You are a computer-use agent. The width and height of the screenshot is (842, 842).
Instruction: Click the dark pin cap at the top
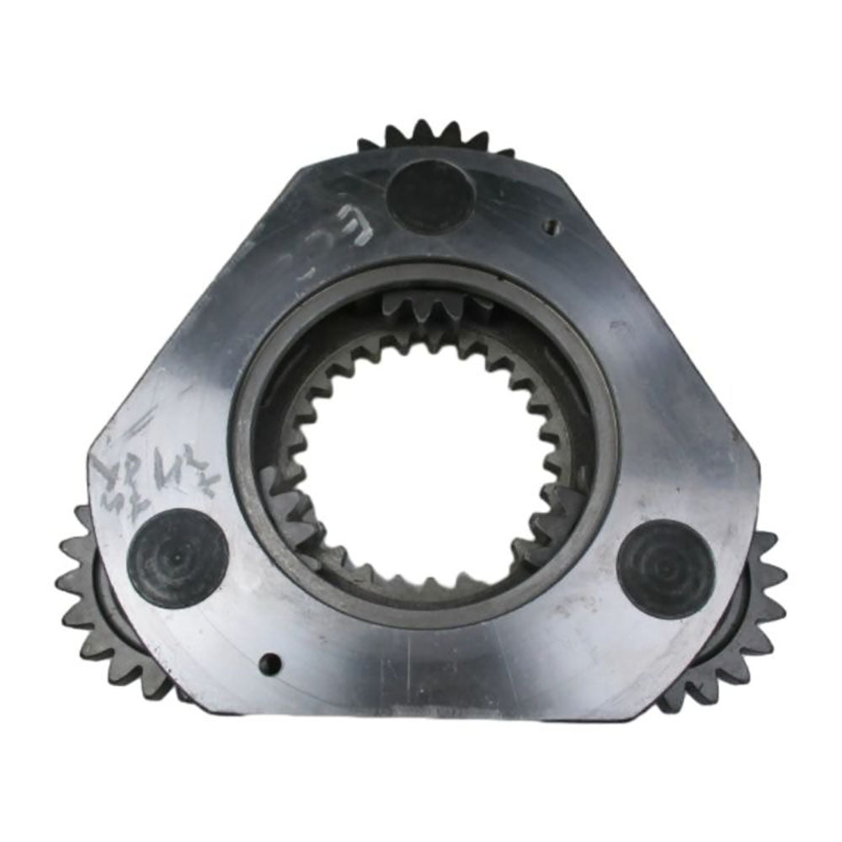pyautogui.click(x=429, y=196)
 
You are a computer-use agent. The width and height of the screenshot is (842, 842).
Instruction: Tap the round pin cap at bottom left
pyautogui.click(x=178, y=557)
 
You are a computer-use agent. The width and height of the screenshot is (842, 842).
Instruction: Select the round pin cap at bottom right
pyautogui.click(x=666, y=567)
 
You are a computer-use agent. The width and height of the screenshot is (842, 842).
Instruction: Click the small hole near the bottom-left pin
pyautogui.click(x=269, y=663)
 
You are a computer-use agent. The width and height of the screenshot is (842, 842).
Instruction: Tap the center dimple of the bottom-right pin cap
pyautogui.click(x=666, y=567)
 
